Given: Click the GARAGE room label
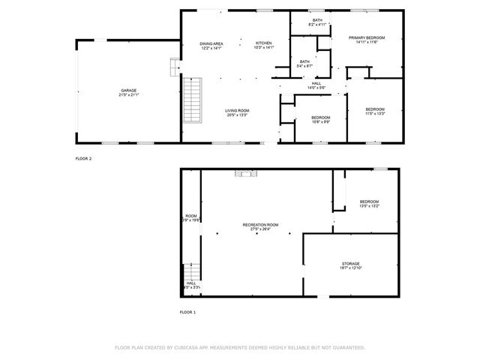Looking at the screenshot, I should click(128, 90).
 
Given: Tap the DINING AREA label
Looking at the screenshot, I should click(211, 44).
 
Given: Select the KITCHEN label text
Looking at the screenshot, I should click(263, 44).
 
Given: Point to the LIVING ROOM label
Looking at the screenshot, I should click(237, 111).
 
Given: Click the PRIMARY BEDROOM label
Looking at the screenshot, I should click(367, 37).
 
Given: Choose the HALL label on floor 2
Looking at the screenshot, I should click(316, 83).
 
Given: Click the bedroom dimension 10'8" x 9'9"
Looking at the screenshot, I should click(321, 122).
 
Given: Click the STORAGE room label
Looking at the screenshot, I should click(351, 263).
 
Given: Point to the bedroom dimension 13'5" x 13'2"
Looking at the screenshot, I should click(369, 206).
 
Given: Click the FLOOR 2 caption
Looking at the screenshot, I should click(83, 159).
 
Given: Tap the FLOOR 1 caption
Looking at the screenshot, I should click(187, 311).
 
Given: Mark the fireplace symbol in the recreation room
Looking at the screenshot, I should click(244, 174).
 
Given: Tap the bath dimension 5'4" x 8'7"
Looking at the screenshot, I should click(304, 66).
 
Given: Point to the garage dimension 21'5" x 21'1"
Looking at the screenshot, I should click(128, 94).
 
